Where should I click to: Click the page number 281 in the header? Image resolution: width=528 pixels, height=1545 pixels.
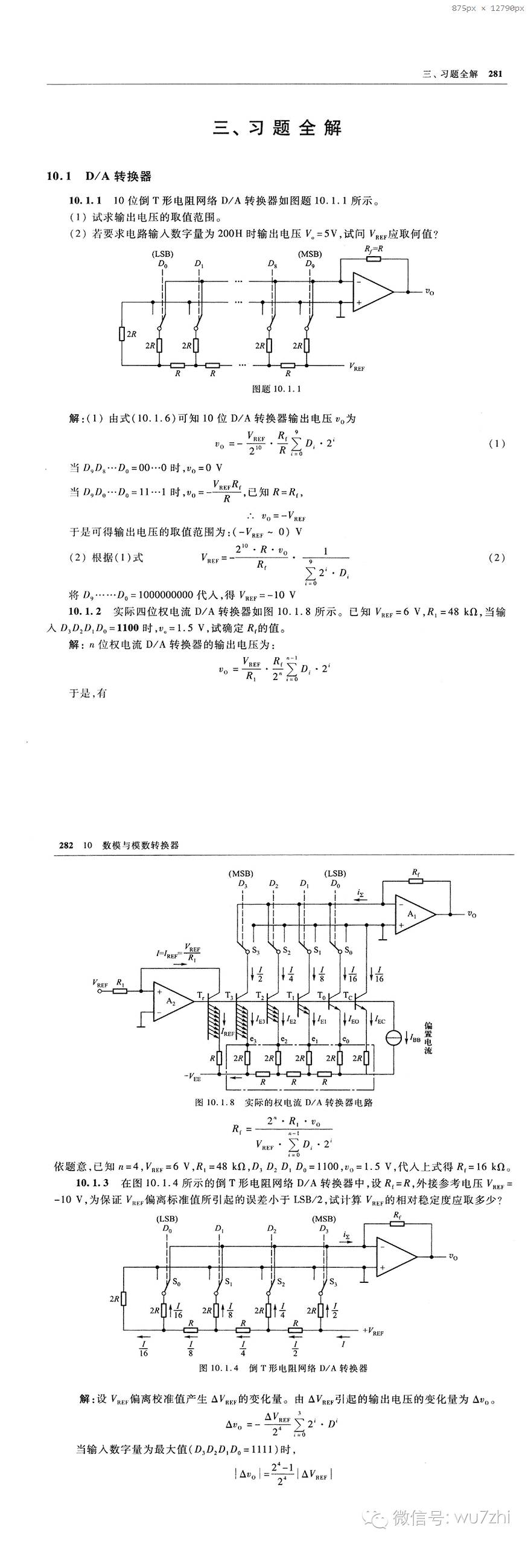495,74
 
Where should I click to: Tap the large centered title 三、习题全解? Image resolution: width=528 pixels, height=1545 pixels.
277,128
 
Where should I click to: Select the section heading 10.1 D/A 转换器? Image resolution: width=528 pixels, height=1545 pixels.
99,176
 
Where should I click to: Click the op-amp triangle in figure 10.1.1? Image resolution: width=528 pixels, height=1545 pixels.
371,292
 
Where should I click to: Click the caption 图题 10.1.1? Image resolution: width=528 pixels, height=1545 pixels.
276,388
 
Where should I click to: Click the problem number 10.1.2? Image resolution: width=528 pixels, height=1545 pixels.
84,612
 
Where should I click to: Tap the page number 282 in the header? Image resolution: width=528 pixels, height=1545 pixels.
66,845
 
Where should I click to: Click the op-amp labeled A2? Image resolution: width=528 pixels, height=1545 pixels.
171,1001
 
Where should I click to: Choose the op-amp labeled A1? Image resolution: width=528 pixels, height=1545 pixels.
413,914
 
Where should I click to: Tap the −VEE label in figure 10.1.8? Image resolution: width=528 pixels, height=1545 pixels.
192,1076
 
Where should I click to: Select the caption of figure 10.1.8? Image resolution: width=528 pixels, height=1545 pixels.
284,1102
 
